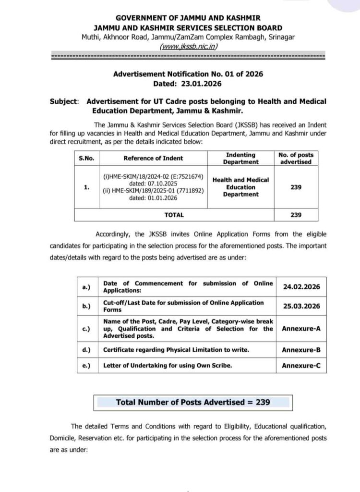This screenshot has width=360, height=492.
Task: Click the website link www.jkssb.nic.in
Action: [188, 46]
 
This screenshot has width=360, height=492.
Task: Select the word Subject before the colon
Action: [63, 101]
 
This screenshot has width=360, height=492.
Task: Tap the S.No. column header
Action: [86, 158]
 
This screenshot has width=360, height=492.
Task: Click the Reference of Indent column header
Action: [153, 158]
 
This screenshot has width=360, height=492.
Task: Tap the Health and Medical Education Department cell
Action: [240, 187]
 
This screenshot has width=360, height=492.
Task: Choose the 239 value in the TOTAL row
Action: [296, 215]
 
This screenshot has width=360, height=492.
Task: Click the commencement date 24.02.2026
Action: [300, 286]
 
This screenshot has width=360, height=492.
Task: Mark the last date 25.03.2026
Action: [300, 306]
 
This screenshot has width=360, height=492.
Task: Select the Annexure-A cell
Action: [300, 329]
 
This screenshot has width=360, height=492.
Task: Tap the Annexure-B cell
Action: [300, 350]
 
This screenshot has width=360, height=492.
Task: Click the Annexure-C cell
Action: [300, 366]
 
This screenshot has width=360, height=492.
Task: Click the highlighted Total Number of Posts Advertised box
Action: [193, 402]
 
